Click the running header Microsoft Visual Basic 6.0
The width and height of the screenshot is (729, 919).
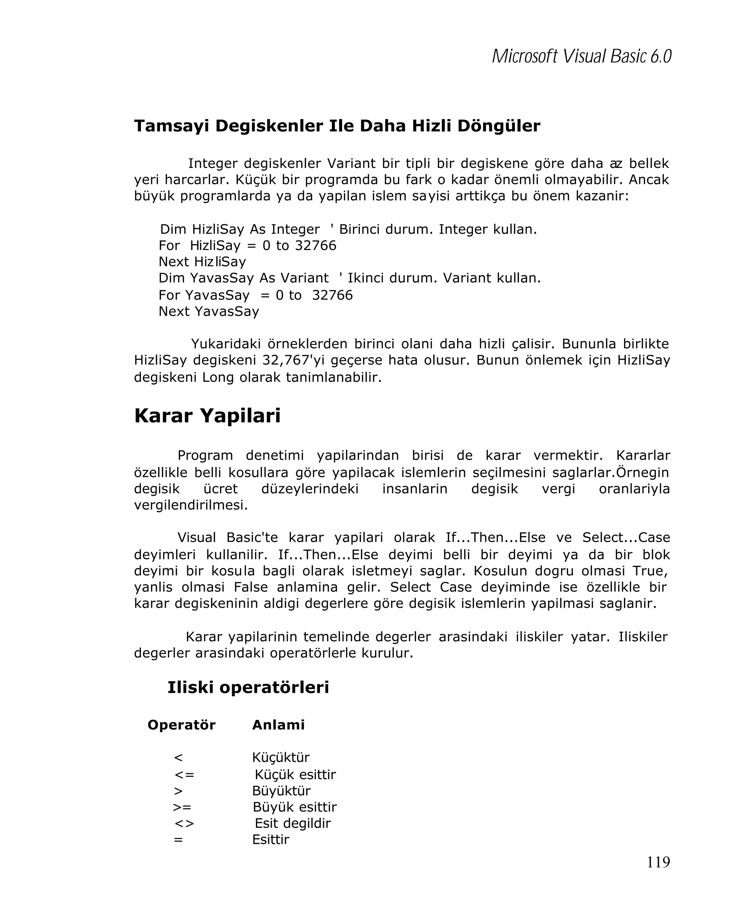[581, 56]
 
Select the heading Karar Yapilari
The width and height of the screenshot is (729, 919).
[207, 416]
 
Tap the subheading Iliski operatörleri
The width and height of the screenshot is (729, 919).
[248, 687]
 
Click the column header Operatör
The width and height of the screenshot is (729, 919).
[181, 724]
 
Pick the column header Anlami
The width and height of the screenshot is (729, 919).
[278, 724]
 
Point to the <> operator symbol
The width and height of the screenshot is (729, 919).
[184, 823]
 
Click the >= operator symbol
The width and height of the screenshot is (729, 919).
[182, 807]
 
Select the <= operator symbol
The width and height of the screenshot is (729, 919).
[184, 775]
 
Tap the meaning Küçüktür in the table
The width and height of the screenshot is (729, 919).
[281, 758]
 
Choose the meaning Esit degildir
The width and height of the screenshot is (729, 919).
[293, 823]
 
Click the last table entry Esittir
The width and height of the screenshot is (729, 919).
[271, 839]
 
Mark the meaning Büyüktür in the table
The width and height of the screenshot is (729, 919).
[281, 791]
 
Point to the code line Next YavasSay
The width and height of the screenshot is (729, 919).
[209, 311]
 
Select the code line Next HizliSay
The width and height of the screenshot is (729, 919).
[202, 261]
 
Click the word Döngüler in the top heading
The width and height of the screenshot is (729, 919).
[499, 126]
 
